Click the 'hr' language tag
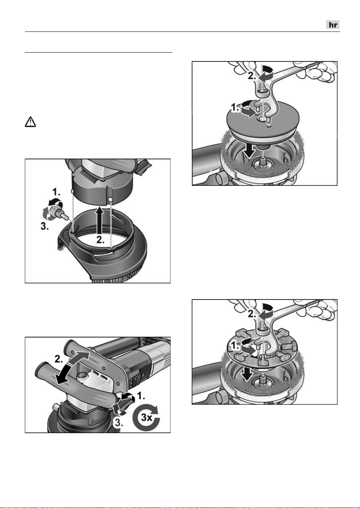pos(333,25)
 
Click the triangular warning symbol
pos(30,122)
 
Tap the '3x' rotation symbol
pos(146,417)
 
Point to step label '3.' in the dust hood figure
pos(45,226)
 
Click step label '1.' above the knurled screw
pos(56,192)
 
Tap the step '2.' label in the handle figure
pos(58,359)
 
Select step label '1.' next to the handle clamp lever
pos(141,396)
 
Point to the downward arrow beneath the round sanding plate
pos(249,151)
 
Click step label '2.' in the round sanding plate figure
pos(252,76)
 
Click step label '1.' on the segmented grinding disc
pos(235,346)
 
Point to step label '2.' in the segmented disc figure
pos(252,314)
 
